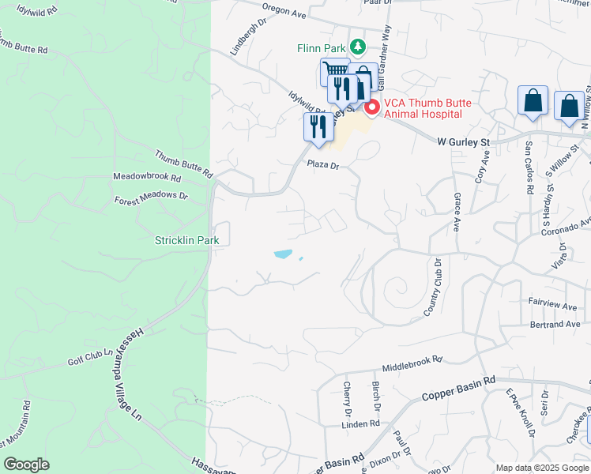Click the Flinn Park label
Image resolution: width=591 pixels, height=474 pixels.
(x=322, y=48)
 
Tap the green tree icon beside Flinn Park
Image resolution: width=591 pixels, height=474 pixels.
(x=357, y=47)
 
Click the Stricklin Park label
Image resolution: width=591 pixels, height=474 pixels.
(x=186, y=239)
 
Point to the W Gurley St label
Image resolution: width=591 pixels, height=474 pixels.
(x=465, y=141)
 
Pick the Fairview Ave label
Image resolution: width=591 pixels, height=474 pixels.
(x=554, y=303)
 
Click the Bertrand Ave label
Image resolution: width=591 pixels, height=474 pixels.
(x=555, y=324)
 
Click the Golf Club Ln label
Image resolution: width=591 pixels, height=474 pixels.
(x=85, y=358)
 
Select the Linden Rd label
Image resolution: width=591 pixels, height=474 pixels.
(x=362, y=424)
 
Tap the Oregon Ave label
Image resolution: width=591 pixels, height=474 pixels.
(x=284, y=12)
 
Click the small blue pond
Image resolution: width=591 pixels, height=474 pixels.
(x=283, y=254)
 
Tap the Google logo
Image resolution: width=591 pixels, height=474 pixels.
(x=26, y=465)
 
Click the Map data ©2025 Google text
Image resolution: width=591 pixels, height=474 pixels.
(x=541, y=468)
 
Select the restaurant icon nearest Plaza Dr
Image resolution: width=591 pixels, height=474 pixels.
(x=318, y=127)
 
